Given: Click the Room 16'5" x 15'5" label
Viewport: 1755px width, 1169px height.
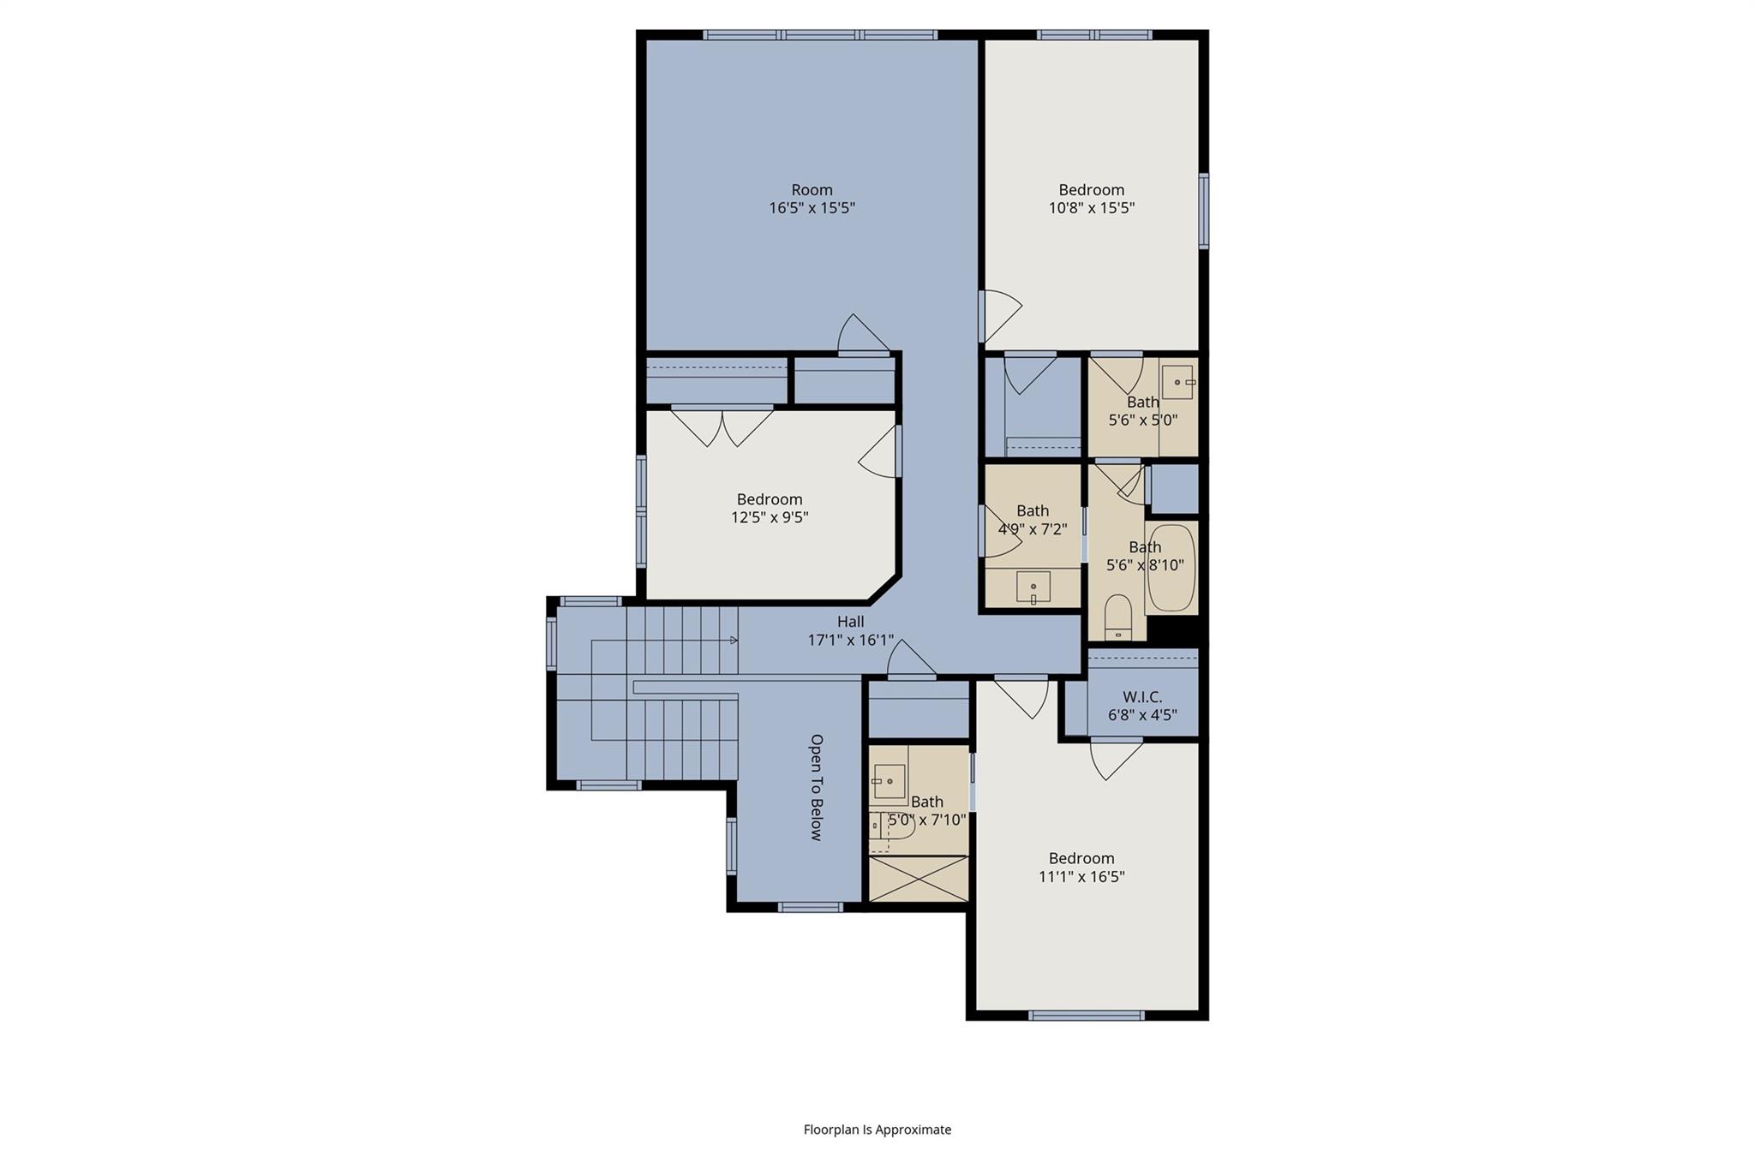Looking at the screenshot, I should coord(812,199).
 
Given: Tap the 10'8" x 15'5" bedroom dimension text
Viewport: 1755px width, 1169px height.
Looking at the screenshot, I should coord(1091,208).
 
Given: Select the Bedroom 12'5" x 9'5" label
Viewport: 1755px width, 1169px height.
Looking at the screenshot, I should coord(770,508).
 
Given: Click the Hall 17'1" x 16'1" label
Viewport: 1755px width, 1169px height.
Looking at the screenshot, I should coord(850,631).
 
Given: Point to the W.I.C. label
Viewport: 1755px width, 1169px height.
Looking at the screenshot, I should coord(1142,697).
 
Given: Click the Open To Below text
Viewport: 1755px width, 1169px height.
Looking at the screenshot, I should coord(816,787).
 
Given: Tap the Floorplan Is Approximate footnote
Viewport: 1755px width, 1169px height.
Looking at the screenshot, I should coord(877,1130).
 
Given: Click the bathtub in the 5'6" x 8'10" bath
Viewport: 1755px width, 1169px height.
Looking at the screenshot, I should coord(1171,569).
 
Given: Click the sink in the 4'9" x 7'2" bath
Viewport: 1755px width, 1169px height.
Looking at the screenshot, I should coord(1033,587).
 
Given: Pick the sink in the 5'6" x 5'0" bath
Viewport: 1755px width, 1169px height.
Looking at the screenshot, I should coord(1177,382).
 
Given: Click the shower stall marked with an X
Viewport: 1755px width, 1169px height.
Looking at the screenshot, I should coord(919,878).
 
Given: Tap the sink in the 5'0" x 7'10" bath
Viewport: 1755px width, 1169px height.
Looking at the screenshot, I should coord(889,781).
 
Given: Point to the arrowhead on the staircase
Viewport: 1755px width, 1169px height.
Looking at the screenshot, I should coord(734,640).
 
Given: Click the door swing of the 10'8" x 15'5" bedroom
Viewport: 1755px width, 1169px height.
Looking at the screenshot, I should coord(1001,316).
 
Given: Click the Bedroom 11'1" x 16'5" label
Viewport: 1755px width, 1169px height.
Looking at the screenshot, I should coord(1081,867).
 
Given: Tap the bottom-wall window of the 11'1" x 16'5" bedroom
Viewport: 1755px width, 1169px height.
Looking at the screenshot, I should coord(1086,1016).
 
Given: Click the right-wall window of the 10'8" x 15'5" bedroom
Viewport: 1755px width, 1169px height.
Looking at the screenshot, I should coord(1203,211).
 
